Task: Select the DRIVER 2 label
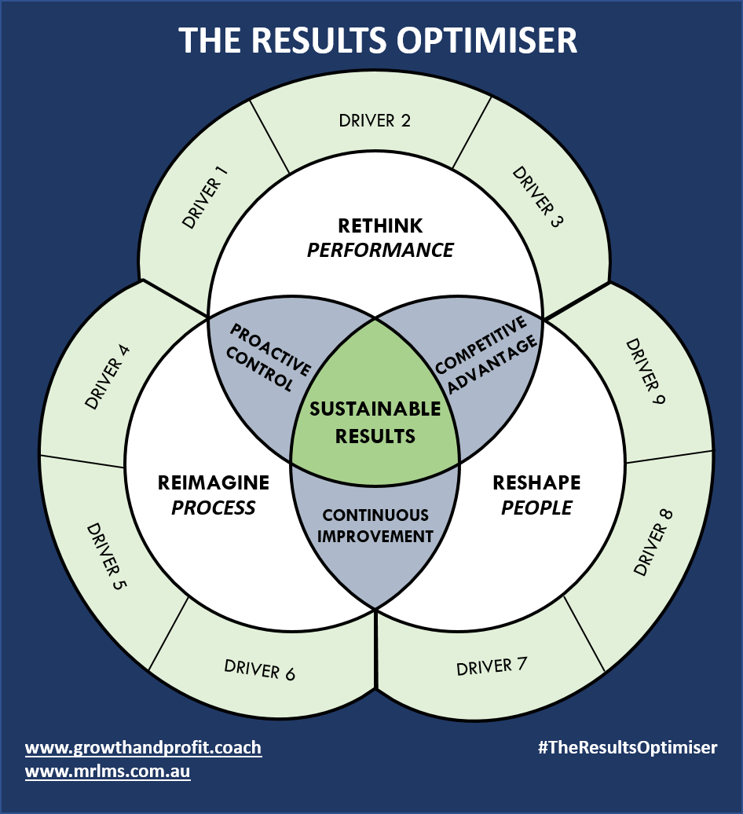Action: pyautogui.click(x=375, y=120)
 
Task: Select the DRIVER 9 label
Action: pyautogui.click(x=645, y=372)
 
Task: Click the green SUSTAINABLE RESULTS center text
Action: pyautogui.click(x=375, y=422)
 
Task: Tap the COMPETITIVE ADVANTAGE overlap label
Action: pyautogui.click(x=487, y=354)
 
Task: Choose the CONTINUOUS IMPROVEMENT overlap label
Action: pyautogui.click(x=376, y=526)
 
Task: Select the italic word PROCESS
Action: pyautogui.click(x=214, y=508)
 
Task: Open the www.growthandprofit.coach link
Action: pyautogui.click(x=143, y=747)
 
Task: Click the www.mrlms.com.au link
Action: pyautogui.click(x=108, y=772)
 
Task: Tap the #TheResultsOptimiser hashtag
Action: pyautogui.click(x=628, y=747)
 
